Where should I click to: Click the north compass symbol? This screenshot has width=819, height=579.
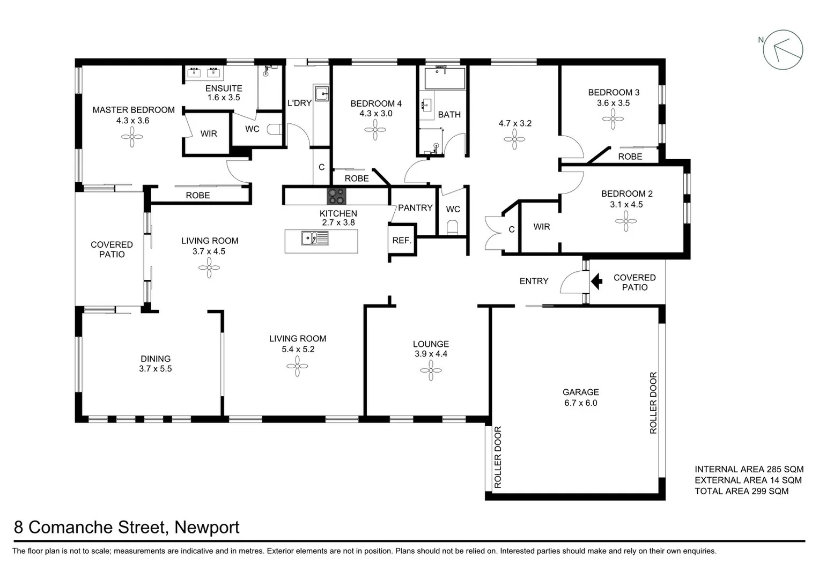coord(783,50)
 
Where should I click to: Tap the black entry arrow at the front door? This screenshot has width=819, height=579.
coord(596,281)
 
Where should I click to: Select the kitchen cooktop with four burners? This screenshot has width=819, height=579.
coord(337,196)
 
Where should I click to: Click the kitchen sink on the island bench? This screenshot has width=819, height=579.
coord(315,237)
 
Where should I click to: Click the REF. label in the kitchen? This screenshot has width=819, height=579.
coord(402,240)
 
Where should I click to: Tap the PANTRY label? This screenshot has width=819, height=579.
coord(415,208)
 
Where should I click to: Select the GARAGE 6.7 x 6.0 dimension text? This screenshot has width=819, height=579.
coord(580,403)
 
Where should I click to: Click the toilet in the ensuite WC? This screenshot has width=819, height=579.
coord(276,129)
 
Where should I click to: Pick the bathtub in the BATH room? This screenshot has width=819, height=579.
coord(445,78)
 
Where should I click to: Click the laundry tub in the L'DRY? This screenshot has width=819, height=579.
coord(321,93)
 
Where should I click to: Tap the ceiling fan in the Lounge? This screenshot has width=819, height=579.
coord(431,370)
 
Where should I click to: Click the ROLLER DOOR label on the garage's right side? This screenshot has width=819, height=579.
coord(653,403)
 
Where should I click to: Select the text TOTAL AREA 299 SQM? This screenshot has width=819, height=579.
coord(741,491)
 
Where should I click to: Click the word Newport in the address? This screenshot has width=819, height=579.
coord(207,528)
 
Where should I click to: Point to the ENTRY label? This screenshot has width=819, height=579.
coord(534,281)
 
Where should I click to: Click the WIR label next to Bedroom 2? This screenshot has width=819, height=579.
coord(542,227)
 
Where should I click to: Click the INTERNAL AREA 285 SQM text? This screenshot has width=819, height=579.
coord(749,469)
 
